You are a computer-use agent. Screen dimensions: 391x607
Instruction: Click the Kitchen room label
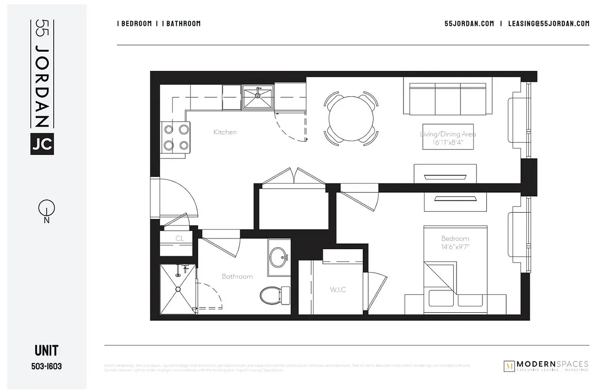[x=225, y=132]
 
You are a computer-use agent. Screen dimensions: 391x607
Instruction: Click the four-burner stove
[x=176, y=137]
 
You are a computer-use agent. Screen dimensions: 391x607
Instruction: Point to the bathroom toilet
[x=272, y=295]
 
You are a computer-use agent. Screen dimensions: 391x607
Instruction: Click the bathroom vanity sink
[x=279, y=256]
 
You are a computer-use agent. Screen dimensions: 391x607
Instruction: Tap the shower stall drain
[x=178, y=288]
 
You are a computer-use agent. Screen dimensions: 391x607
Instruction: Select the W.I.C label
[x=337, y=289]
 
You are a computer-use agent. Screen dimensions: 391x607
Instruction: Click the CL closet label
[x=179, y=239]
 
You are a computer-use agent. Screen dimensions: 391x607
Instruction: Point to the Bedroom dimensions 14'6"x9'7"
[x=455, y=247]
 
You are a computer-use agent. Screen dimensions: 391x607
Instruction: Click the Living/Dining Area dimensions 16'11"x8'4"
[x=448, y=142]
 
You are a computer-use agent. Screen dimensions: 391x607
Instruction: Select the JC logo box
[x=42, y=144]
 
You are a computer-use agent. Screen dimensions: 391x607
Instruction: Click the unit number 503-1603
[x=47, y=366]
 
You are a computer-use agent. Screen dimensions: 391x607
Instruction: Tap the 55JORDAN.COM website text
[x=469, y=23]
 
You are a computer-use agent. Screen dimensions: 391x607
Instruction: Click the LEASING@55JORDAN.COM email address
[x=548, y=23]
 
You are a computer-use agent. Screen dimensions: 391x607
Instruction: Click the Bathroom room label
[x=237, y=276]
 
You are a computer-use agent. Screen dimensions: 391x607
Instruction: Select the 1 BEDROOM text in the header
[x=134, y=23]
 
